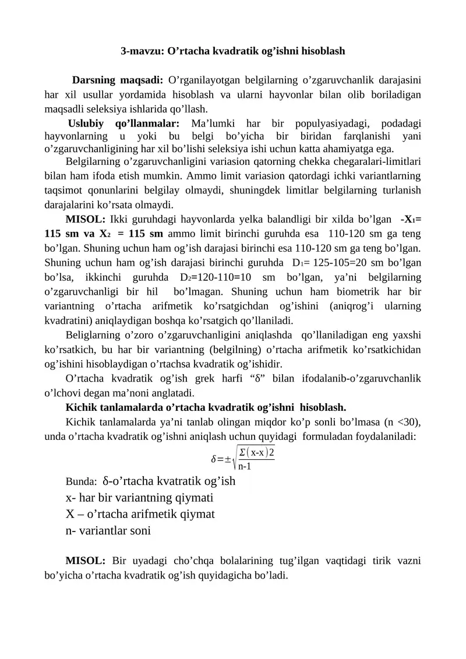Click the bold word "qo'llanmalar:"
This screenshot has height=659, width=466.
click(x=148, y=124)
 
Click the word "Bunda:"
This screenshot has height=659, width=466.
click(x=81, y=482)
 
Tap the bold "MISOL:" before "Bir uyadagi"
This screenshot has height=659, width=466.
click(x=85, y=561)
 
